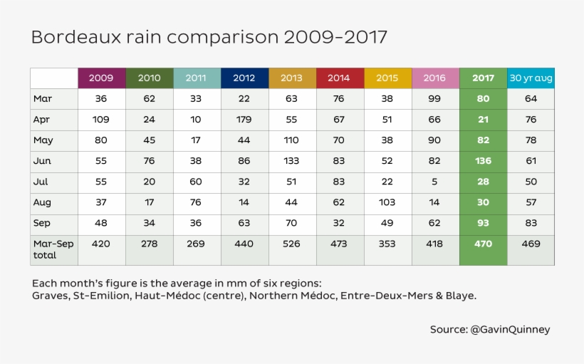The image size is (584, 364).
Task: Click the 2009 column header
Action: tap(101, 78)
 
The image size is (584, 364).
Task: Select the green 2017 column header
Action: tap(483, 78)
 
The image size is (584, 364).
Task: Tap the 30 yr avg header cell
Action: tap(531, 78)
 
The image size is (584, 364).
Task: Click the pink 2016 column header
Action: tap(435, 78)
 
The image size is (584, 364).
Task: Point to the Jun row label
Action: tap(42, 162)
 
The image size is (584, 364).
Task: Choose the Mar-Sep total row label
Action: tap(53, 249)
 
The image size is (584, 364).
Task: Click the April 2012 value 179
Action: tap(244, 120)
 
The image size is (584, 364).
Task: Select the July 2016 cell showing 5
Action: tap(435, 182)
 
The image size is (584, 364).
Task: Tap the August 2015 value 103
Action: tap(387, 203)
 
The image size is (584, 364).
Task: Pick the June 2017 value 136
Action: tap(483, 162)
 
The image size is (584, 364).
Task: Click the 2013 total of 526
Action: tap(292, 244)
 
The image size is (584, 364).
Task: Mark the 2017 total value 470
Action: tap(483, 244)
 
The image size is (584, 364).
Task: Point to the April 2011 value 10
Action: tap(197, 120)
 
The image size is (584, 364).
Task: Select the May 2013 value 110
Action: tap(292, 140)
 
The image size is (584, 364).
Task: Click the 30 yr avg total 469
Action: tap(531, 244)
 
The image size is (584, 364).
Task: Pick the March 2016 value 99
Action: tap(435, 99)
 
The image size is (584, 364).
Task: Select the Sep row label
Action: tap(42, 224)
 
